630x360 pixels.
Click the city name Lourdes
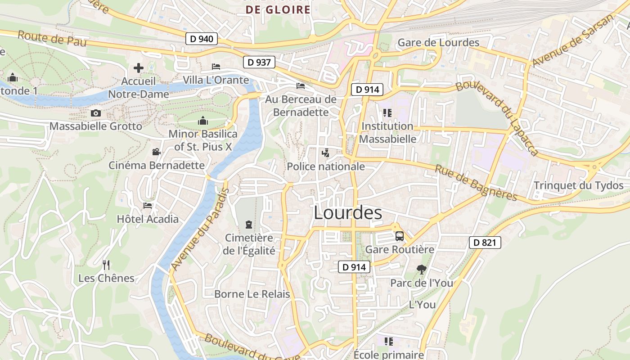[x=348, y=213]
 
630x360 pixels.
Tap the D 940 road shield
[x=202, y=39]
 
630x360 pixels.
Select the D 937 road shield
[x=259, y=62]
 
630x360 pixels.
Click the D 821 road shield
[x=485, y=243]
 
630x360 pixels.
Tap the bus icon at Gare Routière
[x=399, y=236]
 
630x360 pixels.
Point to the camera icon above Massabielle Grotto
[x=95, y=113]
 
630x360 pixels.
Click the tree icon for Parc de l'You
[x=421, y=270]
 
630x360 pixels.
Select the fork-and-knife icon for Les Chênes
[x=106, y=265]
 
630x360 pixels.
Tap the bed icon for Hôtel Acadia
[x=148, y=206]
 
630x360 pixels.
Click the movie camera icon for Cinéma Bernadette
[x=156, y=152]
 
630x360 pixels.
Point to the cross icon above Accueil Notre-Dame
[x=139, y=68]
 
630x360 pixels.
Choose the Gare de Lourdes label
[x=438, y=43]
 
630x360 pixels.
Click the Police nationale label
[x=326, y=166]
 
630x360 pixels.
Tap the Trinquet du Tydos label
[x=578, y=185]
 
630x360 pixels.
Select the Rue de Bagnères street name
[x=476, y=183]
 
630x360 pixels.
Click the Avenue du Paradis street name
[x=200, y=229]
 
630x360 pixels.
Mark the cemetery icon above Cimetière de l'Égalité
[x=248, y=224]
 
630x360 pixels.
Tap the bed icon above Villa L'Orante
[x=216, y=67]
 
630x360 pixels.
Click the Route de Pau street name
[x=52, y=39]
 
